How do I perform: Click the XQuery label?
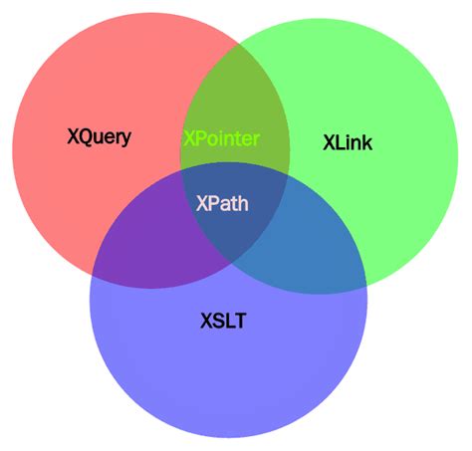98,136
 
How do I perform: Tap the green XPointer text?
220,137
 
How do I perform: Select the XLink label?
348,142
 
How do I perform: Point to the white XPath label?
222,204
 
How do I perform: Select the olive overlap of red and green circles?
235,100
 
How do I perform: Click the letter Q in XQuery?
85,136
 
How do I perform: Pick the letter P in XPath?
212,204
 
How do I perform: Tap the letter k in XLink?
367,142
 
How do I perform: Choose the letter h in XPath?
243,204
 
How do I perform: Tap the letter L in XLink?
340,142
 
